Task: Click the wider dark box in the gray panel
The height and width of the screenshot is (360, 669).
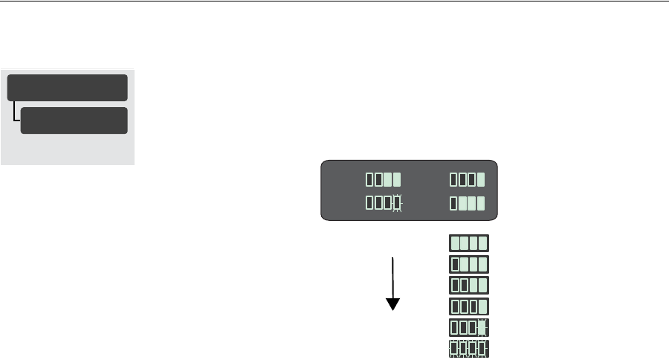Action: (x=68, y=87)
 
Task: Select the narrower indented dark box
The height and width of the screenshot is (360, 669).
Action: (x=74, y=120)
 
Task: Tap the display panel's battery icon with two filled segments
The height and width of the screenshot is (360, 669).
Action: (x=384, y=179)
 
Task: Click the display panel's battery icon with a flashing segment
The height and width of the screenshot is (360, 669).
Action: (x=384, y=203)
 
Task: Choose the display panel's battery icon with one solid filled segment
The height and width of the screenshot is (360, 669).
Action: (x=468, y=179)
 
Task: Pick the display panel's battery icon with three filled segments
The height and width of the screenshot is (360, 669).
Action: (x=468, y=203)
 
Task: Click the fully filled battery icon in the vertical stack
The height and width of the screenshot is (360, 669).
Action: (x=469, y=243)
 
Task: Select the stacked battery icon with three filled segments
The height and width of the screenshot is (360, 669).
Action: (x=469, y=264)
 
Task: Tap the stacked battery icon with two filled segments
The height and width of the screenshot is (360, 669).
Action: (x=469, y=285)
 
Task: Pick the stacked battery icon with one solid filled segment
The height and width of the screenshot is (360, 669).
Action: (x=469, y=306)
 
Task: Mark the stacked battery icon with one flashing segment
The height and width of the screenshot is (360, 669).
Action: (x=469, y=327)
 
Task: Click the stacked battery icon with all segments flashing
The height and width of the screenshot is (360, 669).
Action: (x=469, y=348)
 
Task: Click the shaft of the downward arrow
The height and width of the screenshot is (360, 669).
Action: (x=392, y=275)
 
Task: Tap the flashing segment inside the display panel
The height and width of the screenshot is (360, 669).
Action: (x=397, y=203)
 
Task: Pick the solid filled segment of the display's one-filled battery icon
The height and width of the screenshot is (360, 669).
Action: (x=481, y=179)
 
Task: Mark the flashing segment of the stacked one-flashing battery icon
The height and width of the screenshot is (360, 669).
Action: (x=482, y=327)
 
